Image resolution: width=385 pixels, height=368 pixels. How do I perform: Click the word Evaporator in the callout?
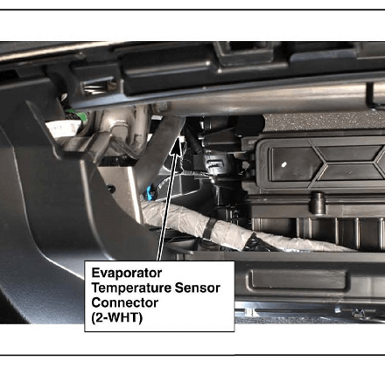127,273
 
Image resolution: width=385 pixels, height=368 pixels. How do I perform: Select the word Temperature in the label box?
131,288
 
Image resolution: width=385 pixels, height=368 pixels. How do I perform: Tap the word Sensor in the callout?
197,288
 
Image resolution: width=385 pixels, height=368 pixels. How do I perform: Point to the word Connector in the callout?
124,302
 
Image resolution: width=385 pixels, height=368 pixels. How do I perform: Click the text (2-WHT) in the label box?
117,317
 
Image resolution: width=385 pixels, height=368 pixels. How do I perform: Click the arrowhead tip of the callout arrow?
179,140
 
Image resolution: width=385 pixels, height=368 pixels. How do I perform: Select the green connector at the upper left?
76,115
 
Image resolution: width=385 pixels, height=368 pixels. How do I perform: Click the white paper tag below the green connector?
63,128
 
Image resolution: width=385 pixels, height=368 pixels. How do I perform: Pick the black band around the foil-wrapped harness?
209,229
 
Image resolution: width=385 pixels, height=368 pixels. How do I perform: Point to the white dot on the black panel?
283,164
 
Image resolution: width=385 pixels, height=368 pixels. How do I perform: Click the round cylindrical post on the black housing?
318,203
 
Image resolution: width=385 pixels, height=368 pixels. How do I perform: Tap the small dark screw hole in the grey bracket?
111,189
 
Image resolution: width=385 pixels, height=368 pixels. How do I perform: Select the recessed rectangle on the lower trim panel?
298,280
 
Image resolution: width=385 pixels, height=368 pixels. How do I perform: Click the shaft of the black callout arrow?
169,200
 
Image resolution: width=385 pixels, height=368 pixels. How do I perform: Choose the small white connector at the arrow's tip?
183,140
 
